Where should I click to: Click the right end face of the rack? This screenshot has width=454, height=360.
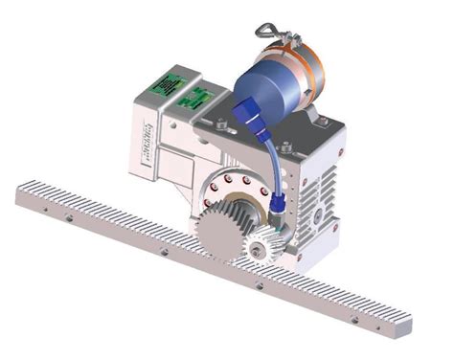[401, 330]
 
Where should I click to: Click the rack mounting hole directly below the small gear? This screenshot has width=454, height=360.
[259, 285]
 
